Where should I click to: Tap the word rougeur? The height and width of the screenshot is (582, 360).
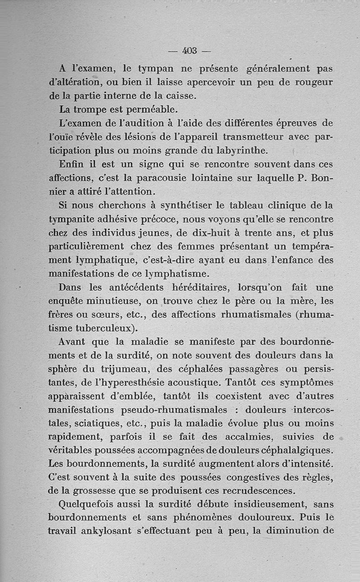[310, 83]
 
